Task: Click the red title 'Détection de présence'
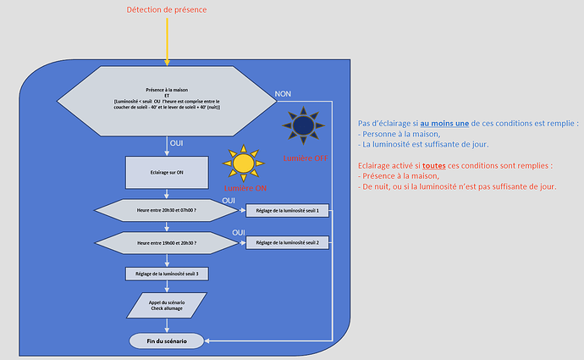[166, 10]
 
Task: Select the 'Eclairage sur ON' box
[166, 172]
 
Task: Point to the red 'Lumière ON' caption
[244, 186]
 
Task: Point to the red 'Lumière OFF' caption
[303, 158]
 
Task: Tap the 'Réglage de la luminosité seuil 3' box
[166, 274]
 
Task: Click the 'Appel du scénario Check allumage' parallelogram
[168, 306]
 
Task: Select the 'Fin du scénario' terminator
[167, 341]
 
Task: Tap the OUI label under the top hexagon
[177, 143]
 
